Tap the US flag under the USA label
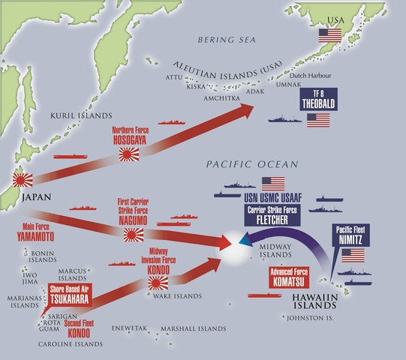click(329, 34)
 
